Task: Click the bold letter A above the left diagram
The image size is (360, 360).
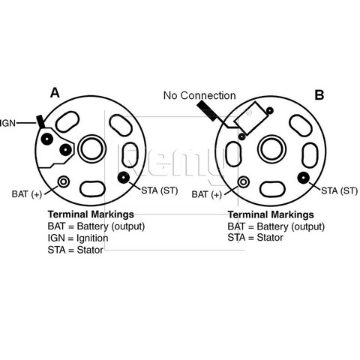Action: pos(55,93)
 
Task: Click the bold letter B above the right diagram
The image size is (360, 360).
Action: pos(319,95)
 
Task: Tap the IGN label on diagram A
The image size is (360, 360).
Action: pos(7,123)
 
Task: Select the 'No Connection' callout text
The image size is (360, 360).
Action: pos(199,95)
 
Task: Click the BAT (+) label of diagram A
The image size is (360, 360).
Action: pos(27,194)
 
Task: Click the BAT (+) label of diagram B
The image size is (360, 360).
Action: pos(207,194)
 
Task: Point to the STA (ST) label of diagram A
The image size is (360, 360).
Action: pos(160,190)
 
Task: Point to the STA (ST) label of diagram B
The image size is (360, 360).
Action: pos(340,191)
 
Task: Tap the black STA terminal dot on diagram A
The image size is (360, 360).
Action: pos(124,178)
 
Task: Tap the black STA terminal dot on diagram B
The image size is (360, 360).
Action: pos(304,178)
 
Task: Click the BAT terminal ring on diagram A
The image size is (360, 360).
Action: pos(64,181)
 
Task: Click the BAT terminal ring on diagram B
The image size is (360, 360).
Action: pos(243,181)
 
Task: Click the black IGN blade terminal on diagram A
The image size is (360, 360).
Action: pos(40,121)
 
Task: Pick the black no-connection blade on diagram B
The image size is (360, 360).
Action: pos(207,111)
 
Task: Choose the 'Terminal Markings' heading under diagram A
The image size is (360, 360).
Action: pos(91,214)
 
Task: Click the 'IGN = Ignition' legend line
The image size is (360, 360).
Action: pos(78,238)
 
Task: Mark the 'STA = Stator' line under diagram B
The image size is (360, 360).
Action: pos(255,238)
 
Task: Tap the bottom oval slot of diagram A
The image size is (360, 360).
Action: pos(92,189)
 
